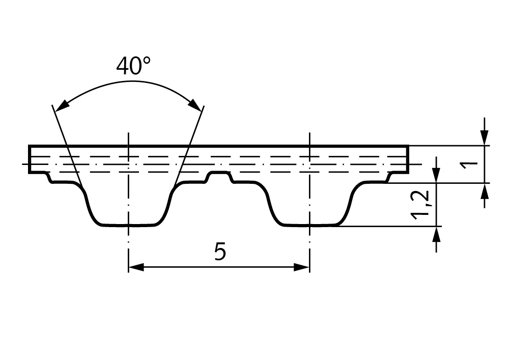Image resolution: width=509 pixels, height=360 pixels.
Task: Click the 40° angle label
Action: click(x=133, y=66)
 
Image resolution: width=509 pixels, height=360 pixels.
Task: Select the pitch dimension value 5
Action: click(x=220, y=252)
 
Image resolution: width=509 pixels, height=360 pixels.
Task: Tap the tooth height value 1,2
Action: click(x=420, y=205)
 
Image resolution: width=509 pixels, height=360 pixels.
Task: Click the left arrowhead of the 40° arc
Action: click(x=62, y=106)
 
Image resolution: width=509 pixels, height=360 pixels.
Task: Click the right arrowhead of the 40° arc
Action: click(x=195, y=104)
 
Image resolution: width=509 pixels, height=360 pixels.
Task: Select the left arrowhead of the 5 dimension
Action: click(x=136, y=267)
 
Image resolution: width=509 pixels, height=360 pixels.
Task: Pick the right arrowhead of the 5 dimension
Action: click(x=301, y=267)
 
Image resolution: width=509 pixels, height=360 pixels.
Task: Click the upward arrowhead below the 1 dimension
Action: click(x=485, y=191)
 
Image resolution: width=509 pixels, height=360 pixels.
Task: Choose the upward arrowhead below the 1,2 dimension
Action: click(x=436, y=234)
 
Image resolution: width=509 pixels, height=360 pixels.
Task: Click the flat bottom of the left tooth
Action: click(x=129, y=225)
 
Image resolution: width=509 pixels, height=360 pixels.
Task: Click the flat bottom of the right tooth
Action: click(x=310, y=225)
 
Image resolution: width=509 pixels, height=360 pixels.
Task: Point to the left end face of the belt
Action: click(x=30, y=159)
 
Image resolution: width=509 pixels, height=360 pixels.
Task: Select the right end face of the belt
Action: click(x=407, y=159)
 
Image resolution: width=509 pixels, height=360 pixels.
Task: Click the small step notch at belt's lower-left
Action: click(x=49, y=178)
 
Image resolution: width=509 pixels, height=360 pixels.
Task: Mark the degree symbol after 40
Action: click(x=147, y=61)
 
